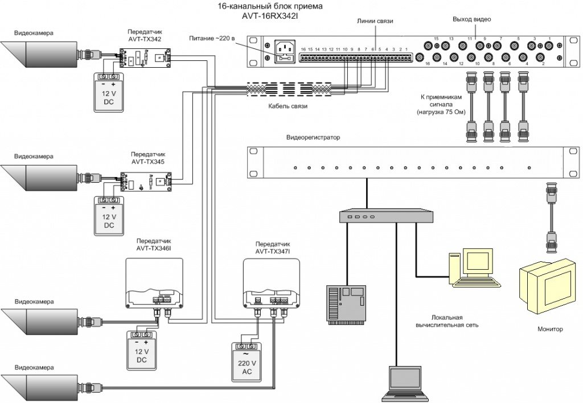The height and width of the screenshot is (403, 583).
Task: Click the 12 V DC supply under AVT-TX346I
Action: click(141, 350)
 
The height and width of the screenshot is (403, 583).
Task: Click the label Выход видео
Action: click(471, 19)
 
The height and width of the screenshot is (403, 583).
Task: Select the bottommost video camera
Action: click(43, 386)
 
